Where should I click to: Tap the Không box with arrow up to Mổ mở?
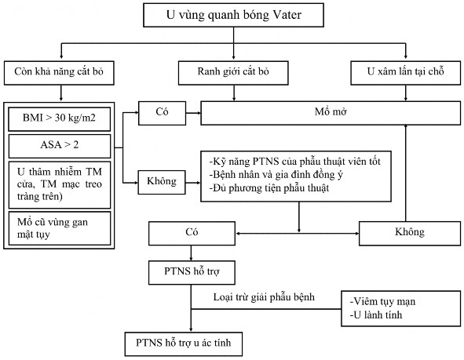pyautogui.click(x=405, y=232)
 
